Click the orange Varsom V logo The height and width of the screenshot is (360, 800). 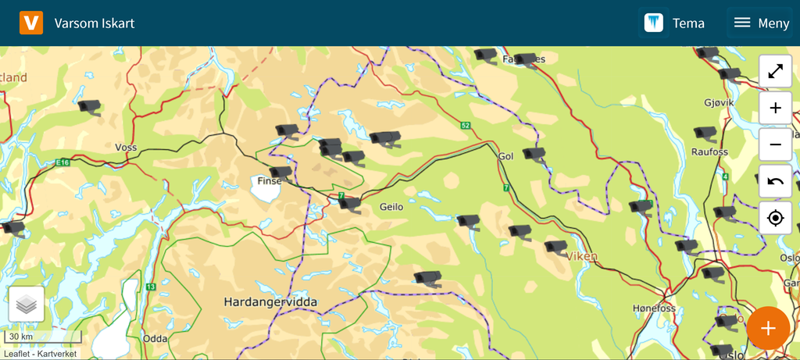click(x=31, y=23)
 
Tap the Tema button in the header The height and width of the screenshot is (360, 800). click(x=673, y=23)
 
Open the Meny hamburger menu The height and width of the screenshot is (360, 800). click(x=762, y=23)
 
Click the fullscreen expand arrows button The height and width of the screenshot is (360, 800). click(x=775, y=71)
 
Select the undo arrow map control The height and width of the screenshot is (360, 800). click(x=775, y=181)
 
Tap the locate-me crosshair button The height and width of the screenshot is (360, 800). click(x=775, y=218)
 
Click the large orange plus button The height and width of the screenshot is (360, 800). click(x=767, y=328)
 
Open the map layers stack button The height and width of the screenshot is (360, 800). click(x=27, y=305)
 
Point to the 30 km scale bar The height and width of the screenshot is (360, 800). click(x=43, y=337)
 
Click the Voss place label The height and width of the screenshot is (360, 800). click(x=126, y=147)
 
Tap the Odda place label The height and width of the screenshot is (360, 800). click(x=155, y=339)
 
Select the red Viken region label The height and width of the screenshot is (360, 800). click(x=583, y=255)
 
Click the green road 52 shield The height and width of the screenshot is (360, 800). click(x=466, y=125)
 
